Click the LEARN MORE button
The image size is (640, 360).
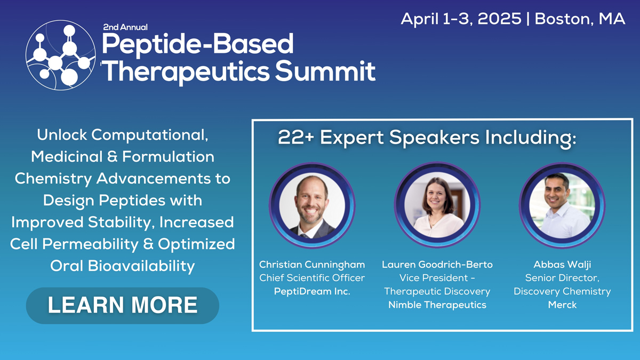click(x=122, y=306)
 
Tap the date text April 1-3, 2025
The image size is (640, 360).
click(x=461, y=19)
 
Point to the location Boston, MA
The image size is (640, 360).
click(x=580, y=19)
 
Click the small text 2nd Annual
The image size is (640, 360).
click(x=125, y=27)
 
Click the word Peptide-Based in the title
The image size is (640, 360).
click(x=197, y=45)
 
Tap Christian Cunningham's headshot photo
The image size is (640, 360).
click(x=312, y=205)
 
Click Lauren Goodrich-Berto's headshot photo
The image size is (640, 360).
click(x=437, y=205)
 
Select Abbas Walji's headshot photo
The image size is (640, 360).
click(x=562, y=205)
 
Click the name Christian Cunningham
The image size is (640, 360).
click(x=312, y=265)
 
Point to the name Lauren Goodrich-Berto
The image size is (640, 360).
click(x=437, y=265)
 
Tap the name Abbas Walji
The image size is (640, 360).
click(x=562, y=265)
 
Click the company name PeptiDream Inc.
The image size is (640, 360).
click(x=312, y=291)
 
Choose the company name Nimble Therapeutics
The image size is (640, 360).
click(x=437, y=305)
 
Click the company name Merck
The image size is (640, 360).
click(x=562, y=305)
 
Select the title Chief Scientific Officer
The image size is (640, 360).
click(x=312, y=278)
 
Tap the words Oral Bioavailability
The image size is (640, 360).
click(x=122, y=266)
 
